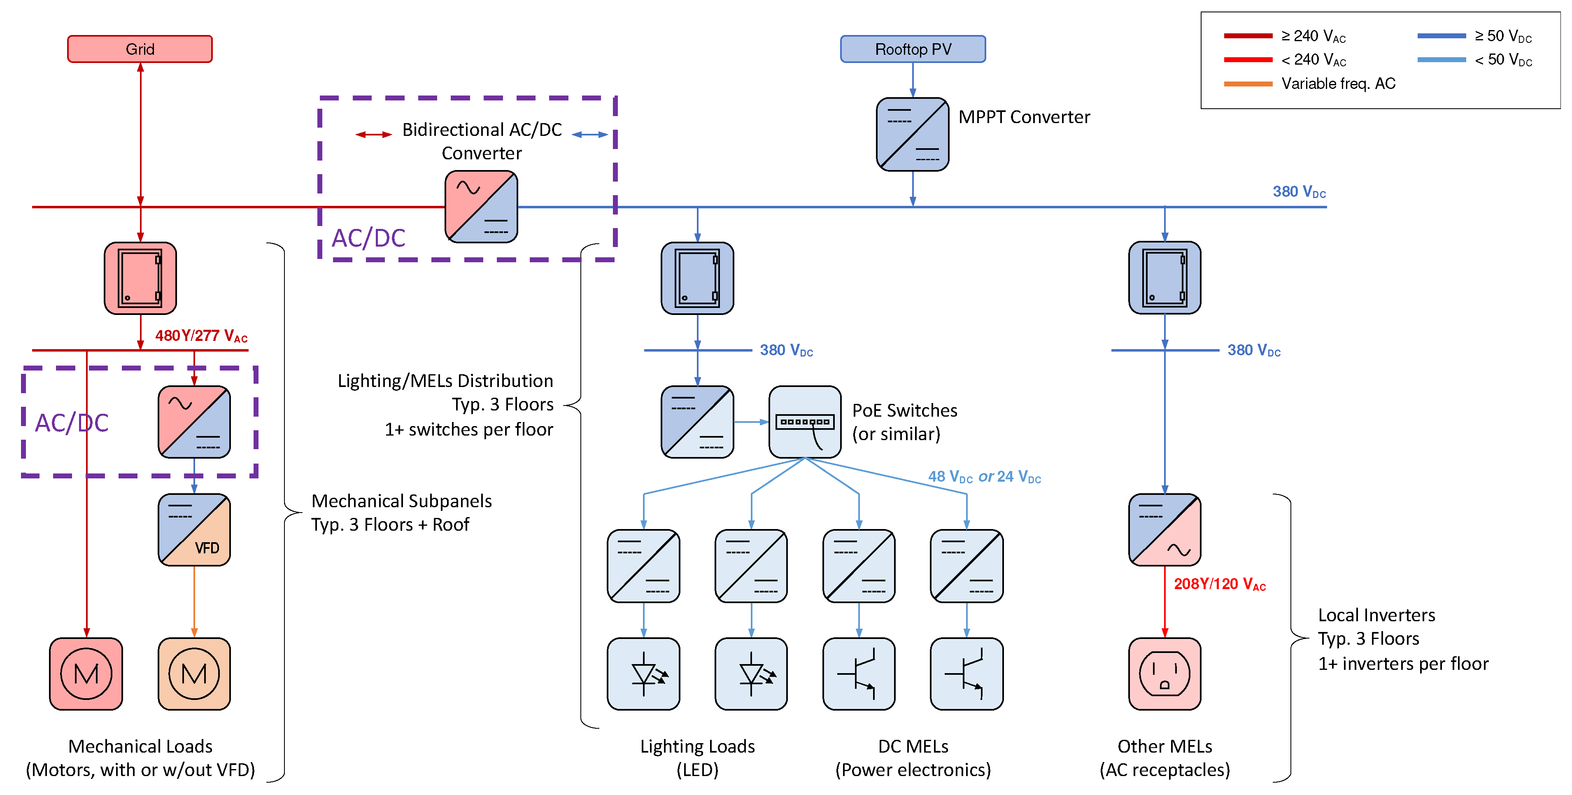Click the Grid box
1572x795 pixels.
[140, 49]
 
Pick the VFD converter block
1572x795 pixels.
[194, 529]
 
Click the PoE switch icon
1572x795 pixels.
[804, 422]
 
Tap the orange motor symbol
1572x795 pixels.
[194, 674]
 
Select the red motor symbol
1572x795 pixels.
[86, 674]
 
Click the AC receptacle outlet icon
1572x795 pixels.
[1164, 674]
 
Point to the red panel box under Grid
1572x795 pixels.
[140, 278]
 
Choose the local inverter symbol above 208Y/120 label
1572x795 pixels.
[1164, 529]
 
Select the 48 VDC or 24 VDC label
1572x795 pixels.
[984, 476]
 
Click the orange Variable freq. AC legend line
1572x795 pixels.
[1248, 84]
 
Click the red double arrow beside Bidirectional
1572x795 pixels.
[373, 134]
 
